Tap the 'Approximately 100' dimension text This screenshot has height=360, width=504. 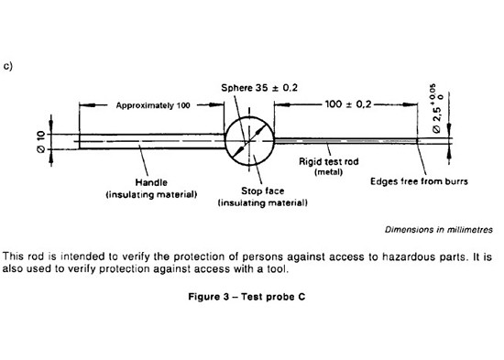click(153, 106)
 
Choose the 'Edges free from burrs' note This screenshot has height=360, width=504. click(420, 181)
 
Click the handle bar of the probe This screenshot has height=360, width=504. click(151, 141)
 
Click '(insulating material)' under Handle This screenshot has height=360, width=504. click(152, 194)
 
